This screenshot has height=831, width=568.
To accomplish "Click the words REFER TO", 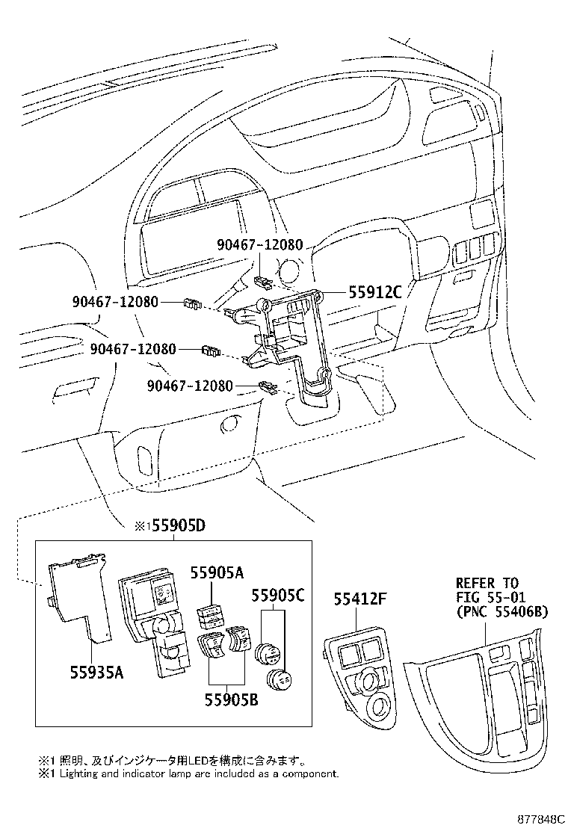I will pos(487,583).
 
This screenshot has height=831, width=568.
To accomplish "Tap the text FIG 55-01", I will pos(487,597).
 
